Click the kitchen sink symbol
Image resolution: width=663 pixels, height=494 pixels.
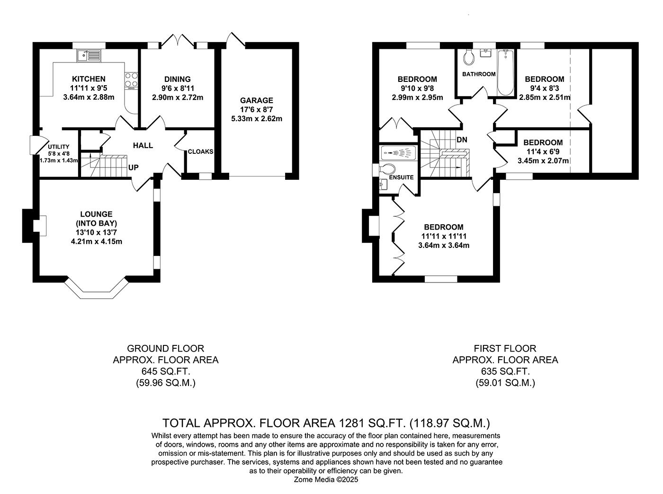pos(88,55)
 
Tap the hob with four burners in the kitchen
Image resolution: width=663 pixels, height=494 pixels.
pos(131,80)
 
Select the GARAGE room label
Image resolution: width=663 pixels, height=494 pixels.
pos(256,100)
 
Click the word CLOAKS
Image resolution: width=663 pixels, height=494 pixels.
pos(200,152)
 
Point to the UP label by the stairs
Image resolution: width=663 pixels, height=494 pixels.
pos(134,168)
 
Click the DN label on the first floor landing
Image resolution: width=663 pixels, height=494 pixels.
pos(462,140)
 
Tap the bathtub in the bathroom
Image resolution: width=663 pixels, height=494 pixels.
pos(506,72)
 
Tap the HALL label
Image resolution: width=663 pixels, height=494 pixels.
pos(143,145)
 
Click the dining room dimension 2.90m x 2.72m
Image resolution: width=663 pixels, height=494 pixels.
pos(178,97)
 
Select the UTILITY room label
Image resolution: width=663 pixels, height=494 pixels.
pos(58,147)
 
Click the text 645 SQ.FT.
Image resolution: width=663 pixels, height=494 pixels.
pos(165,371)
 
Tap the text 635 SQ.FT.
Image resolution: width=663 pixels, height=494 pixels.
pos(505,371)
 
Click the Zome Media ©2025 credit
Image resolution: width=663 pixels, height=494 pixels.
pos(326,479)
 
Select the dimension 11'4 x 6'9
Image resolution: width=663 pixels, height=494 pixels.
pos(543,152)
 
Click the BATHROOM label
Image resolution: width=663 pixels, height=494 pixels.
pos(479,74)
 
